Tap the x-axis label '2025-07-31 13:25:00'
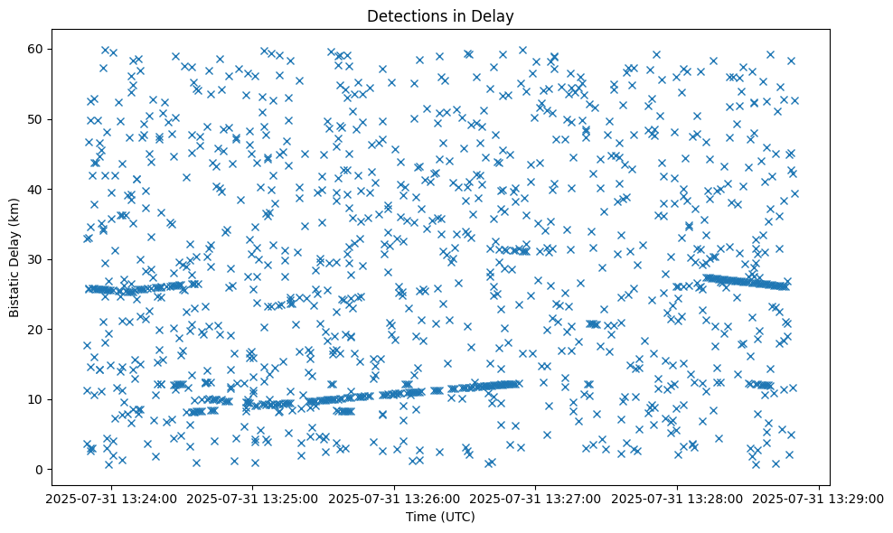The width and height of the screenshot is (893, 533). point(253,498)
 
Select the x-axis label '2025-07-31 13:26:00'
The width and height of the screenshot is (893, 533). point(395,498)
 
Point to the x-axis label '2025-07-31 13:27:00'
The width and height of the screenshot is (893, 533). point(536,498)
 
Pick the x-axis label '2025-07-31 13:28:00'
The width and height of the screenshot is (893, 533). point(678,498)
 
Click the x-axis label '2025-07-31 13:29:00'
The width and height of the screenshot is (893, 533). point(819,498)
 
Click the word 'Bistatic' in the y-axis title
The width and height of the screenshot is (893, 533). point(14,295)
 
